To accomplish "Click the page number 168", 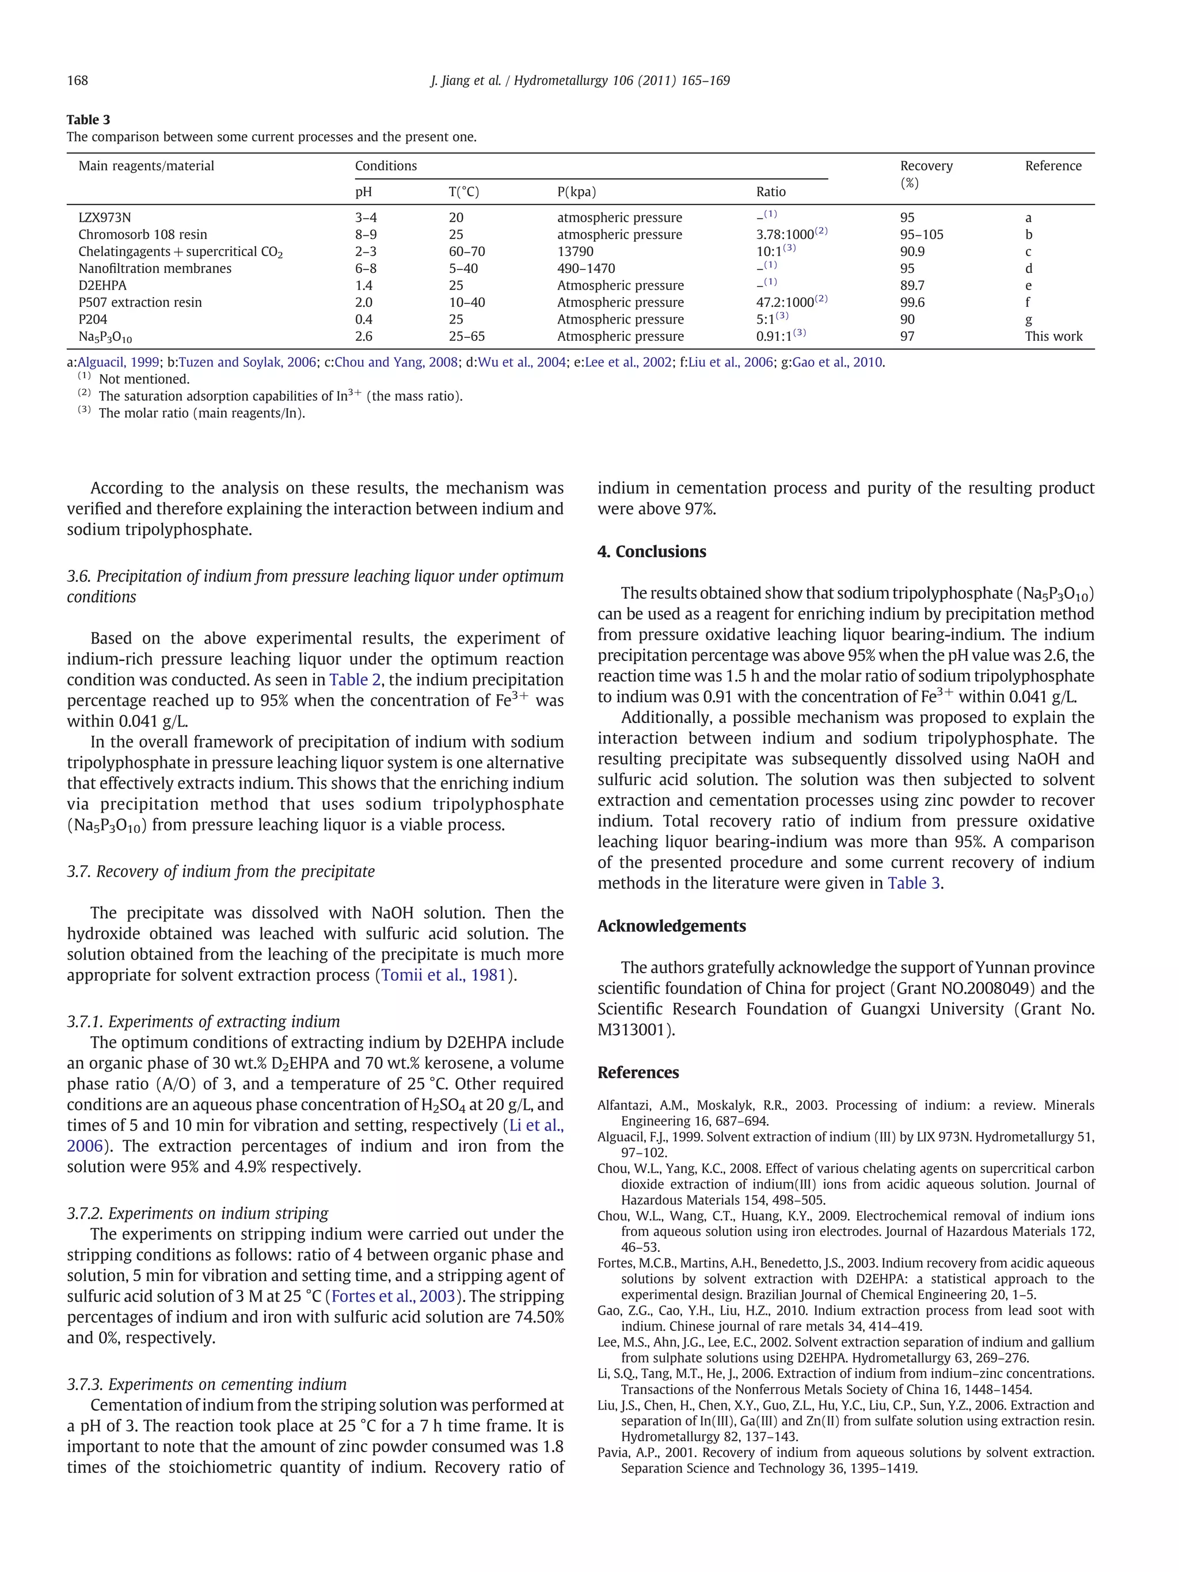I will tap(78, 81).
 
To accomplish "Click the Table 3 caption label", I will tap(88, 119).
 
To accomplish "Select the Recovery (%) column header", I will tap(926, 174).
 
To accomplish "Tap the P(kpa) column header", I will tap(576, 192).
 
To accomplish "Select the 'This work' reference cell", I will tap(1053, 336).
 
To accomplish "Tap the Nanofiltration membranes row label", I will tap(154, 269).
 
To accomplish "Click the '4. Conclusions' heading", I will tap(651, 551).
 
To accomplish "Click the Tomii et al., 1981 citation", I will tap(443, 975).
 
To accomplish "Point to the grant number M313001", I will tap(632, 1030).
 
